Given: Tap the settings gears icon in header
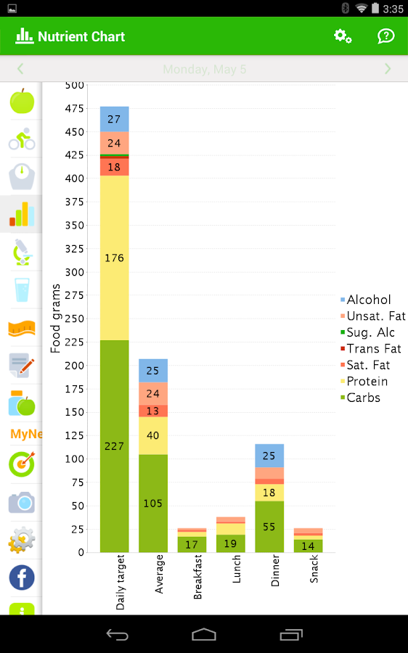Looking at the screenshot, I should tap(343, 36).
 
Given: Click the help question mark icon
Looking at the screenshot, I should tap(386, 36).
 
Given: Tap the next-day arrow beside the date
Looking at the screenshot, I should tap(388, 69).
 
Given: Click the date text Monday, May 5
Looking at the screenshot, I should tap(204, 70).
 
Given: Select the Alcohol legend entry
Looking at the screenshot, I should tap(368, 300).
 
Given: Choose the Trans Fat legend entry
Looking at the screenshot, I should tap(373, 349).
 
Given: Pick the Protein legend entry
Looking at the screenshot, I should tap(367, 382).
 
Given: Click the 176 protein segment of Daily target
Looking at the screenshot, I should tap(115, 258).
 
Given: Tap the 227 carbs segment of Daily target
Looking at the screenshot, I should tap(115, 445).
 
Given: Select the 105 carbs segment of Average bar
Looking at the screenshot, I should tap(153, 503).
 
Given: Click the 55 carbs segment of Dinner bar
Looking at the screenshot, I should tap(269, 526).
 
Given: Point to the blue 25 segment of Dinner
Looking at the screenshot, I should tap(269, 455).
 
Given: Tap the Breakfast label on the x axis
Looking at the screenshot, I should tap(198, 577).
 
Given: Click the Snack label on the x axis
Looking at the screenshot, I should tap(314, 569).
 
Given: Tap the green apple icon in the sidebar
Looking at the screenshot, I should tap(22, 101).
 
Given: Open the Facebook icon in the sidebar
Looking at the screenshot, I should tap(22, 578).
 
